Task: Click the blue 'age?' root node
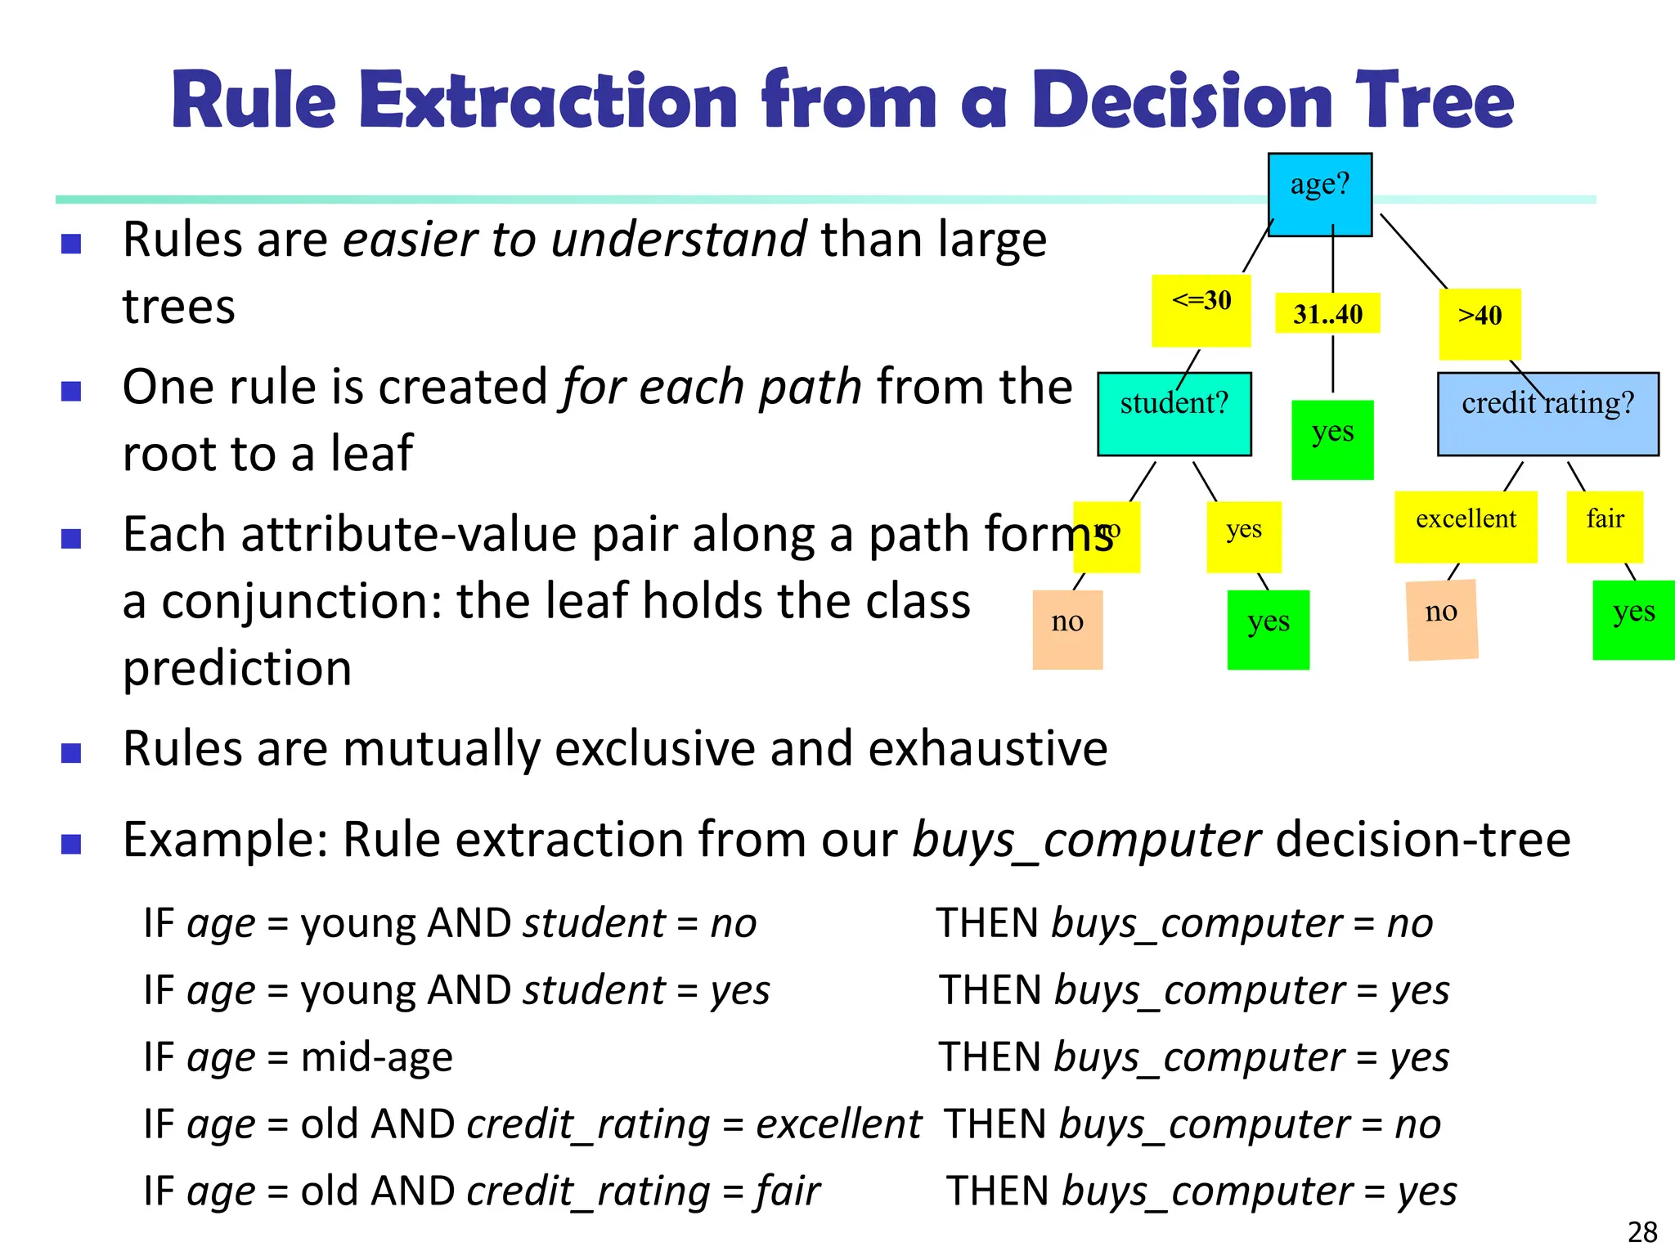point(1319,194)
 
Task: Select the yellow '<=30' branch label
point(1201,311)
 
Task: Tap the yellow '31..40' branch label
point(1327,313)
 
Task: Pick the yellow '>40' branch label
point(1480,323)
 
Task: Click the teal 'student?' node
point(1174,414)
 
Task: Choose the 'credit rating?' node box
point(1547,414)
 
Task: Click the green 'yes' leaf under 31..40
point(1332,439)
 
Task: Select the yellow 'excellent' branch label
point(1466,526)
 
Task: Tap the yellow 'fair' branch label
point(1605,526)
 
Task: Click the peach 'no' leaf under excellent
point(1442,619)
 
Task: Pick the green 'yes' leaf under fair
point(1633,619)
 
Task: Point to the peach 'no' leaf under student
point(1067,629)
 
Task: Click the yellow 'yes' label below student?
point(1244,536)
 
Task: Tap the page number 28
point(1641,1231)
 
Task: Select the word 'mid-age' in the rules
point(376,1056)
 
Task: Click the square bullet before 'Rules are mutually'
point(71,752)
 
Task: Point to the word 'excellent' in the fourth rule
point(838,1124)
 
